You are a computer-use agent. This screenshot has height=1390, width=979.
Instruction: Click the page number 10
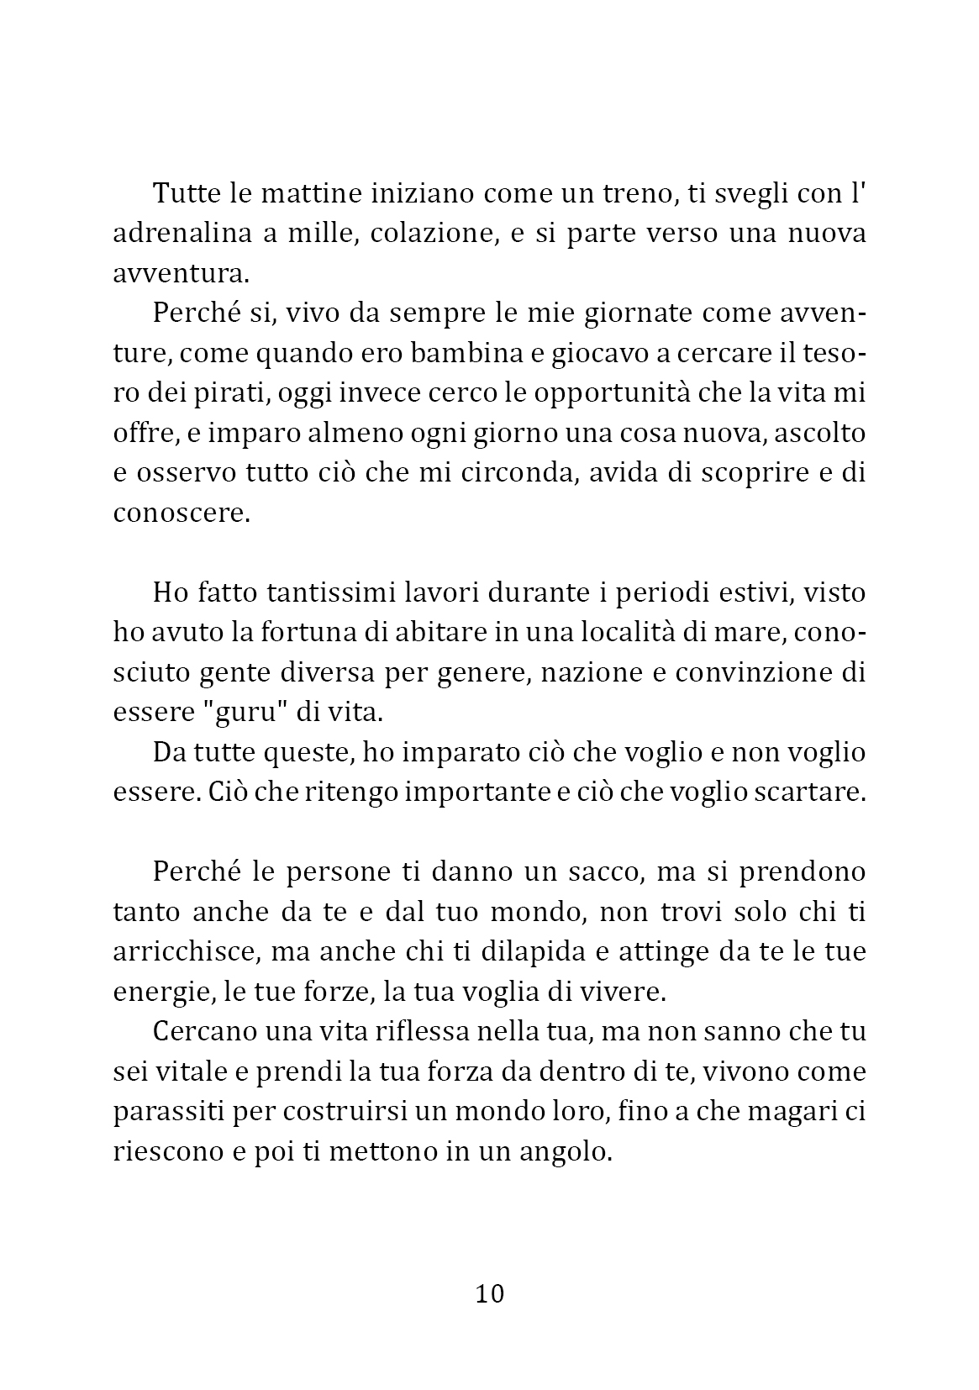[x=490, y=1293]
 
